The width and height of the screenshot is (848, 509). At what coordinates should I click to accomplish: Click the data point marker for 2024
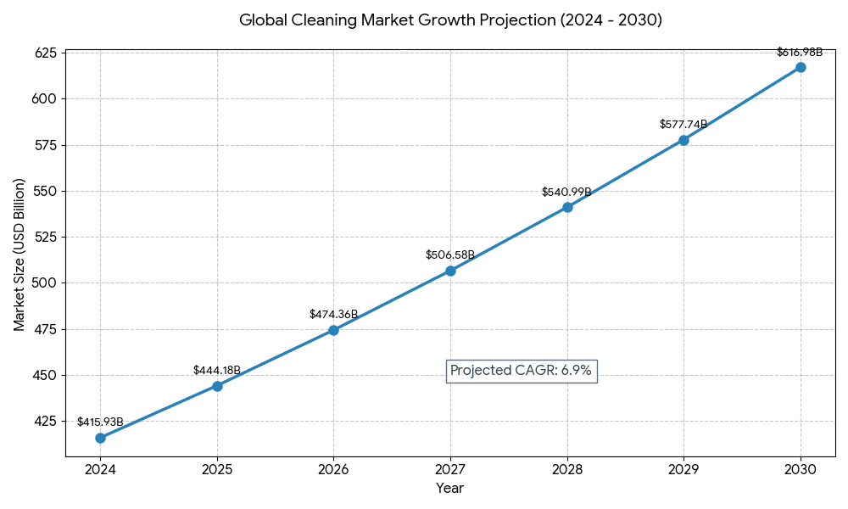point(100,438)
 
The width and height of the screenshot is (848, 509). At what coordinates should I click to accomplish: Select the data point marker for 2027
point(450,271)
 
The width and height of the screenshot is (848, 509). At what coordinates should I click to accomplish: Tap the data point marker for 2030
point(801,67)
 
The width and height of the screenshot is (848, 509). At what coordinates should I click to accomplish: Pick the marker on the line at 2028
point(567,207)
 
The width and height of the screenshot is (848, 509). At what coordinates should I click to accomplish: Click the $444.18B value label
point(217,371)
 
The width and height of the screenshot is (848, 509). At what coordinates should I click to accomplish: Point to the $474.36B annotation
point(333,315)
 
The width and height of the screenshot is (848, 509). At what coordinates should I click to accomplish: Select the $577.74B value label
point(683,125)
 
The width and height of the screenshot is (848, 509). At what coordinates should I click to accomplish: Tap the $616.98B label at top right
point(800,53)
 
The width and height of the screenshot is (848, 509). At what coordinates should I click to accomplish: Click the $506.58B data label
point(450,255)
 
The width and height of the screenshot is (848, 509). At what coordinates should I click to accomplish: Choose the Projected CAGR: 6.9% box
point(521,371)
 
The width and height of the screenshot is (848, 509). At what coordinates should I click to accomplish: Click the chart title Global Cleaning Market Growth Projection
point(450,20)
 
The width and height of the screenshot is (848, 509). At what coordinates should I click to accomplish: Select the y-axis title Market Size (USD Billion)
point(20,255)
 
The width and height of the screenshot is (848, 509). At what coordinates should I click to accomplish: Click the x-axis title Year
point(450,489)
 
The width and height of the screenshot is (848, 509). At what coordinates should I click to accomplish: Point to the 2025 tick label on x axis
point(217,469)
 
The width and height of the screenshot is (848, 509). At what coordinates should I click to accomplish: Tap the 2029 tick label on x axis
point(683,469)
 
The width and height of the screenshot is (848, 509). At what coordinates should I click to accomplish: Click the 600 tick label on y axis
point(45,99)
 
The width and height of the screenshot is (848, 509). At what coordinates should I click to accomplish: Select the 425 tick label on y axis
point(45,421)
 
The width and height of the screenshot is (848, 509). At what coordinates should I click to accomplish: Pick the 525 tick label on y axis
point(45,238)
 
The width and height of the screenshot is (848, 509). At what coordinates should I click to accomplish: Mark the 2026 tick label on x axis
point(333,469)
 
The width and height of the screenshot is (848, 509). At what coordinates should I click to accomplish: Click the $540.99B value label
point(567,193)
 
